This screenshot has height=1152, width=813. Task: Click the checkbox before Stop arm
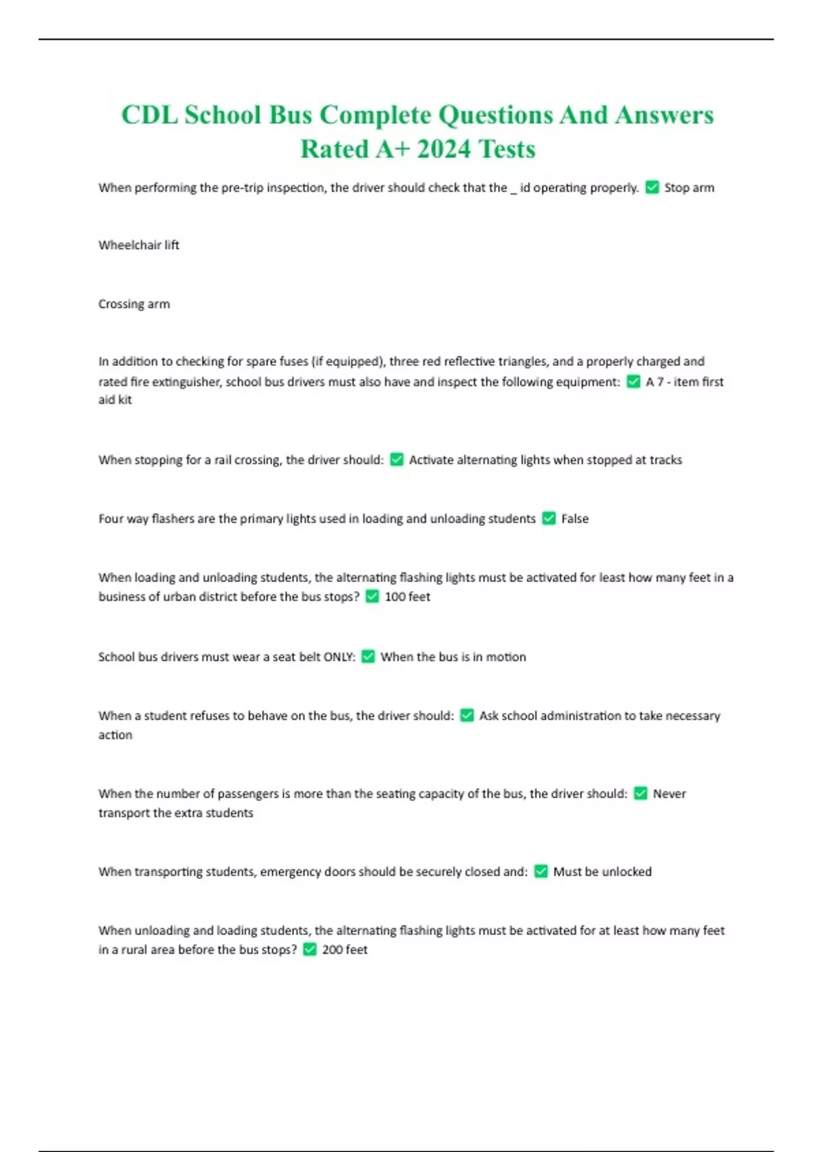(652, 188)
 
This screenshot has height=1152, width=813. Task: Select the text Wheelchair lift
(139, 245)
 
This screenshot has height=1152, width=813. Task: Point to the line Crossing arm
(134, 304)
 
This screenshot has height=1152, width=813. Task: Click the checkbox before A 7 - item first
(633, 382)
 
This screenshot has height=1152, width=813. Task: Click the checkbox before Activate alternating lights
(397, 460)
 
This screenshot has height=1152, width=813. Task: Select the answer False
(575, 519)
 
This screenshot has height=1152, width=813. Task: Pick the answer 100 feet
(407, 597)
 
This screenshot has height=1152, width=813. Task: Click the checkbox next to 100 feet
(372, 597)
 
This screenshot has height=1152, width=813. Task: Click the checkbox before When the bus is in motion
(368, 657)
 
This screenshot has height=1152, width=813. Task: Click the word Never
(669, 794)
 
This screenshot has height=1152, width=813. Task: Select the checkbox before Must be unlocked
(541, 871)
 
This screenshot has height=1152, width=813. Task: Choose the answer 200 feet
(345, 950)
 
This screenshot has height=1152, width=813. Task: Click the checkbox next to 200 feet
(310, 950)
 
